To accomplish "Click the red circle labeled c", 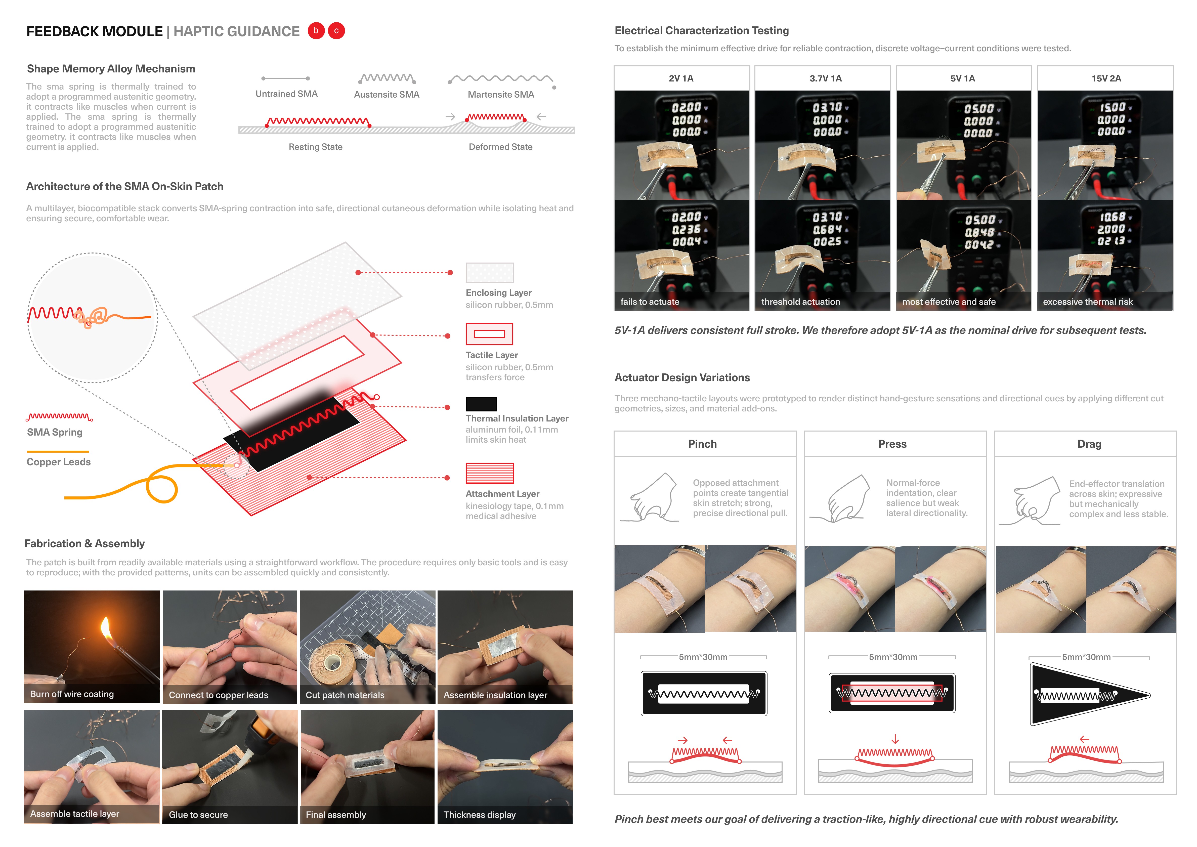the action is coord(336,31).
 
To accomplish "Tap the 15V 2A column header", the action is coord(1106,78).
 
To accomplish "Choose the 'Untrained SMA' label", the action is coord(286,94).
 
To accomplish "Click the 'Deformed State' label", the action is coord(500,147).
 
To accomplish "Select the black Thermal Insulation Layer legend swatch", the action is coord(481,404).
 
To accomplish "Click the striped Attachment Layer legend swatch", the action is coord(489,473).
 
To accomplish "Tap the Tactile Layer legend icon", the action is coord(489,334).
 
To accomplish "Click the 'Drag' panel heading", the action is coord(1089,444).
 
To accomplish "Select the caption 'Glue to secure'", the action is coord(198,815).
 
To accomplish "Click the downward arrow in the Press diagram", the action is coord(895,739).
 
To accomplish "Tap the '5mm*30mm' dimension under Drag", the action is coord(1086,657).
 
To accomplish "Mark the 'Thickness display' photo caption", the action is coord(479,815).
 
